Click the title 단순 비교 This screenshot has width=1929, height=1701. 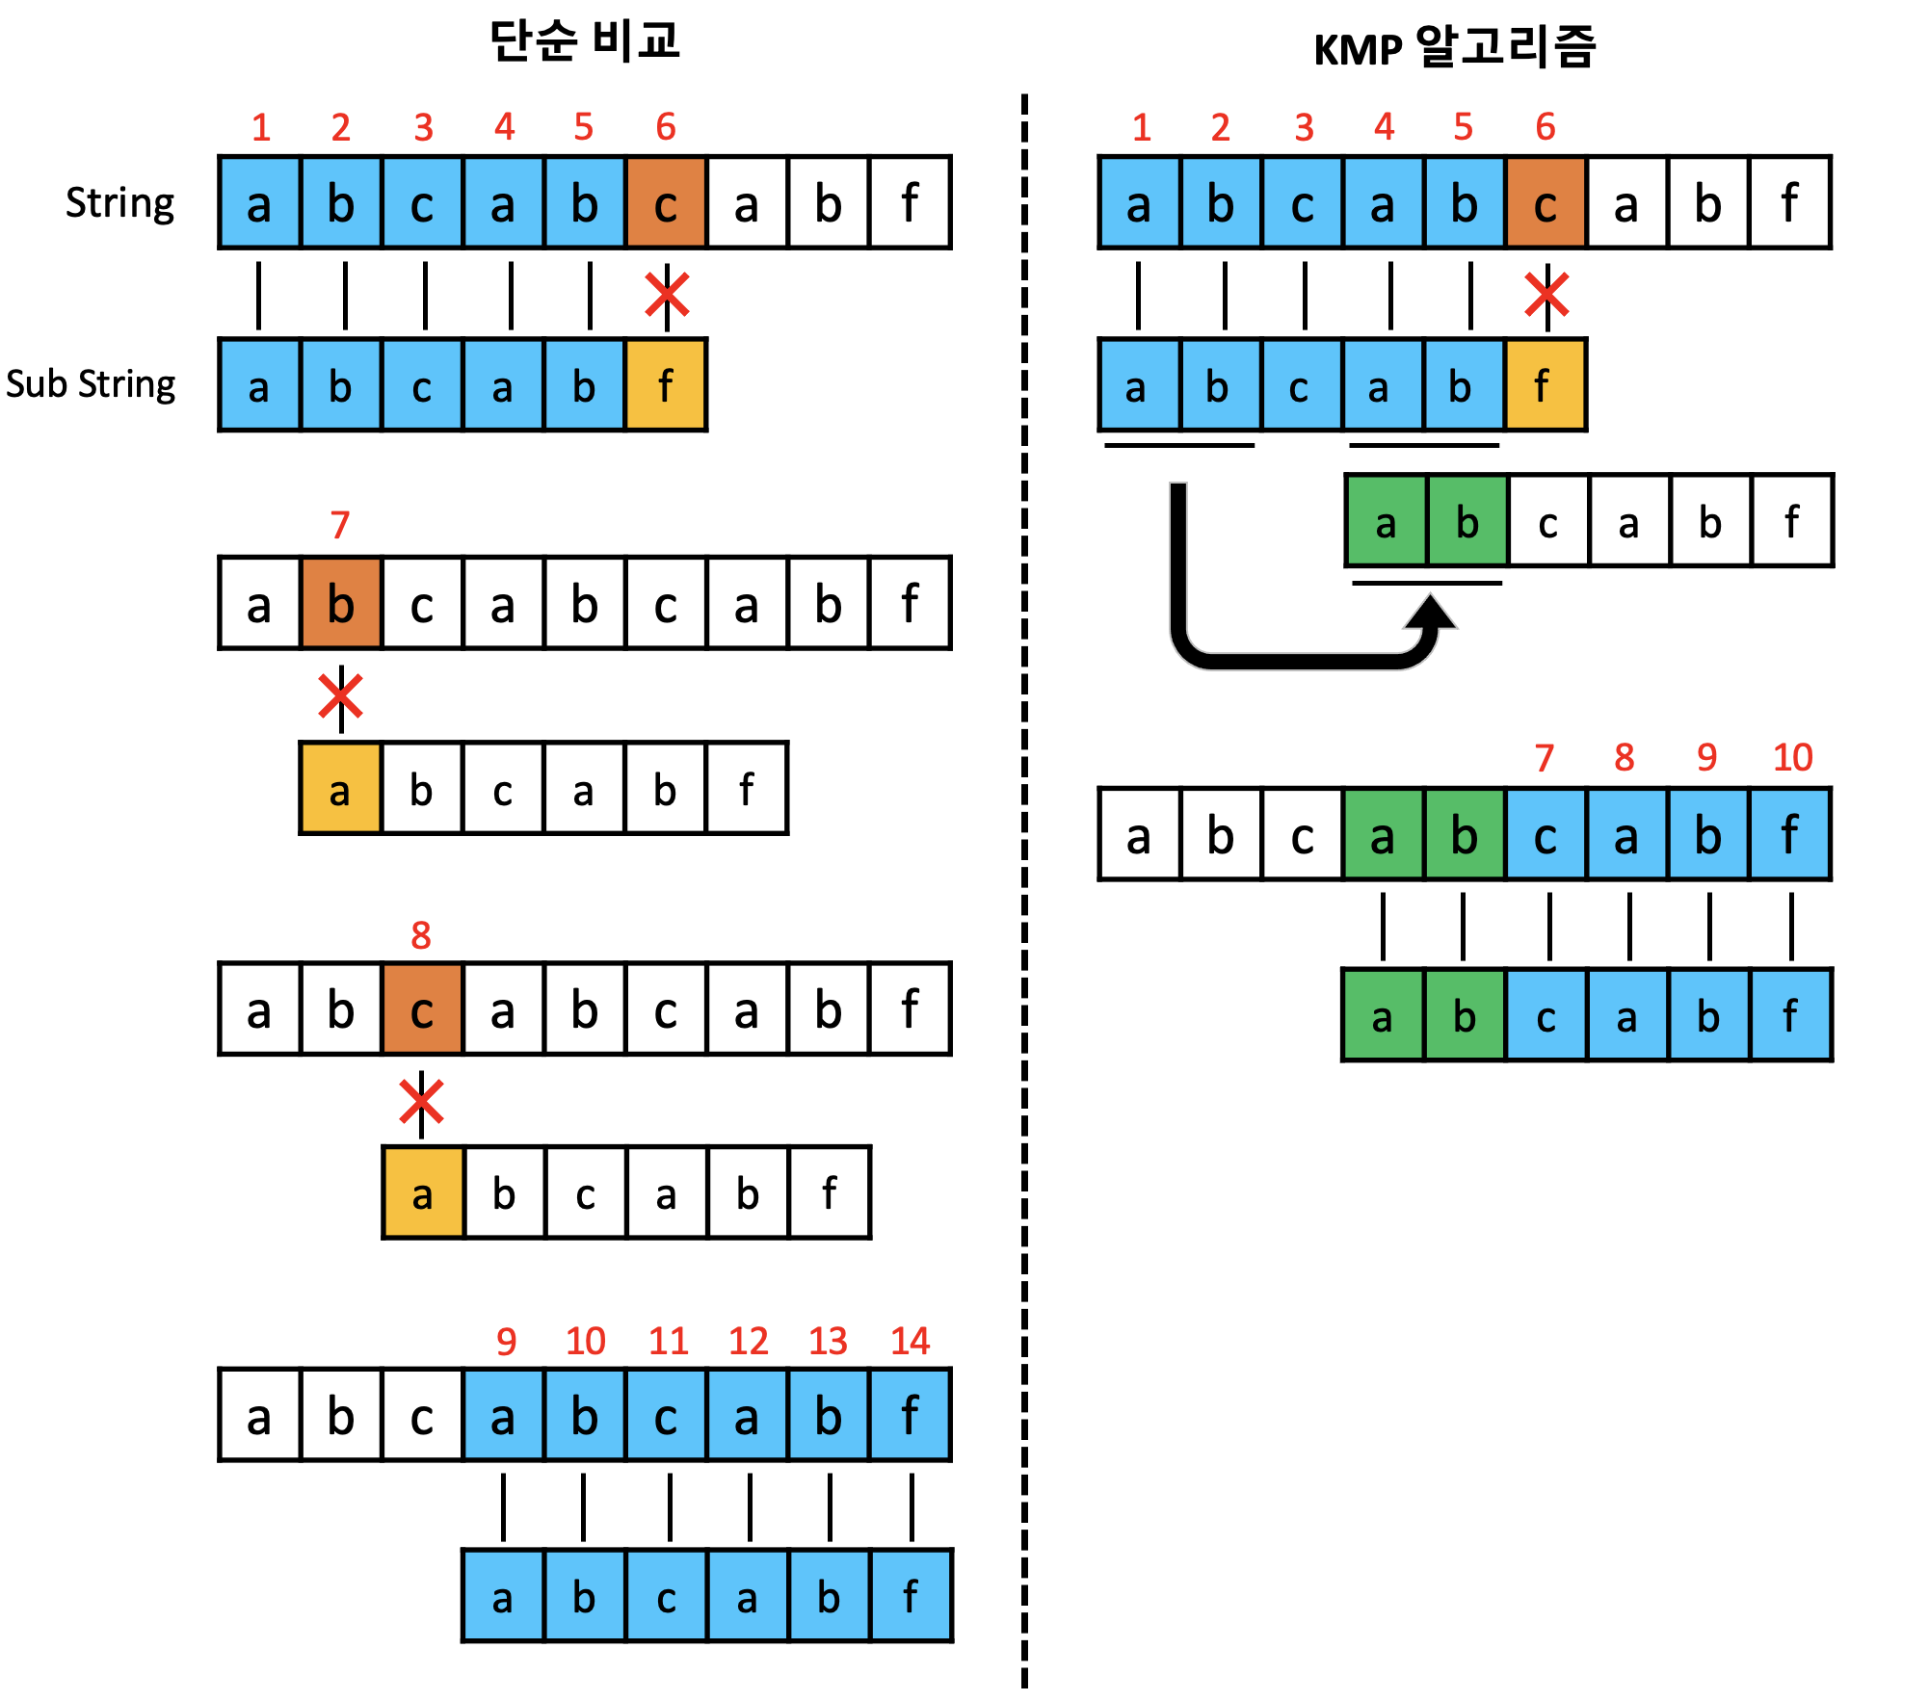(x=584, y=41)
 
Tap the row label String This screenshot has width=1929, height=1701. (x=119, y=203)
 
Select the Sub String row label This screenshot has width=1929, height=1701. (x=91, y=384)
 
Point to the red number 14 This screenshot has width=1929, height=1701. (x=910, y=1341)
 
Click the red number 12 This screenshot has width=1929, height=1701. (x=748, y=1341)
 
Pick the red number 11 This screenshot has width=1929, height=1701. (x=668, y=1341)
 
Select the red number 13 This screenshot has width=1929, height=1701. (x=828, y=1341)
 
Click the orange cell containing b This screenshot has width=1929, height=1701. (x=341, y=604)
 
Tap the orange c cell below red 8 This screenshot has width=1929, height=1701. (x=422, y=1009)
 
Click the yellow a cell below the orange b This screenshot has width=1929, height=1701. (x=340, y=790)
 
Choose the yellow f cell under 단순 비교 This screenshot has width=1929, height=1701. (x=666, y=385)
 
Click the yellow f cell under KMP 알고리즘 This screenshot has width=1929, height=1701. (x=1545, y=385)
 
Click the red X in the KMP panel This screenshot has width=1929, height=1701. (x=1546, y=295)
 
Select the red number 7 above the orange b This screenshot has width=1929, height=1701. (x=339, y=526)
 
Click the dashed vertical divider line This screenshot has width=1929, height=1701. (x=1024, y=867)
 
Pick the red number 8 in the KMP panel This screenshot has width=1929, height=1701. (x=1625, y=758)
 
